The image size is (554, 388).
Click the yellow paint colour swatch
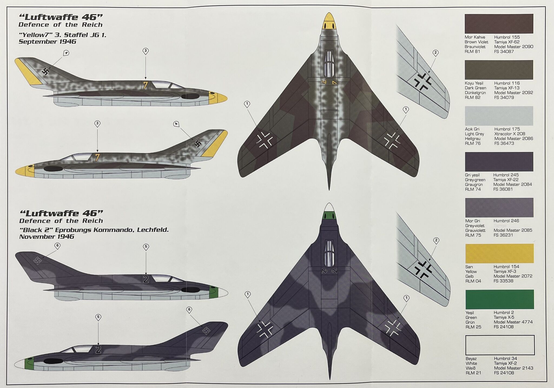[499, 253]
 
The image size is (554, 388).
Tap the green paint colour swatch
[499, 299]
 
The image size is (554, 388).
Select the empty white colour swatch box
[500, 345]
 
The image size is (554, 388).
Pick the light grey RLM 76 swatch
[499, 116]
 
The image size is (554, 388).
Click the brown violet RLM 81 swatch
[499, 24]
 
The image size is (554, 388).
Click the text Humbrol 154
[506, 267]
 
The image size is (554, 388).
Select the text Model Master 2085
[513, 230]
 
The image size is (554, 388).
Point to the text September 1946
[47, 42]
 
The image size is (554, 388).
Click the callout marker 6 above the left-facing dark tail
[57, 246]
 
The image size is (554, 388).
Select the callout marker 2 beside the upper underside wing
[435, 53]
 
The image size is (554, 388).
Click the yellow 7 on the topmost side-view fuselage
[146, 85]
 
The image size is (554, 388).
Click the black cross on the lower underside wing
[422, 269]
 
